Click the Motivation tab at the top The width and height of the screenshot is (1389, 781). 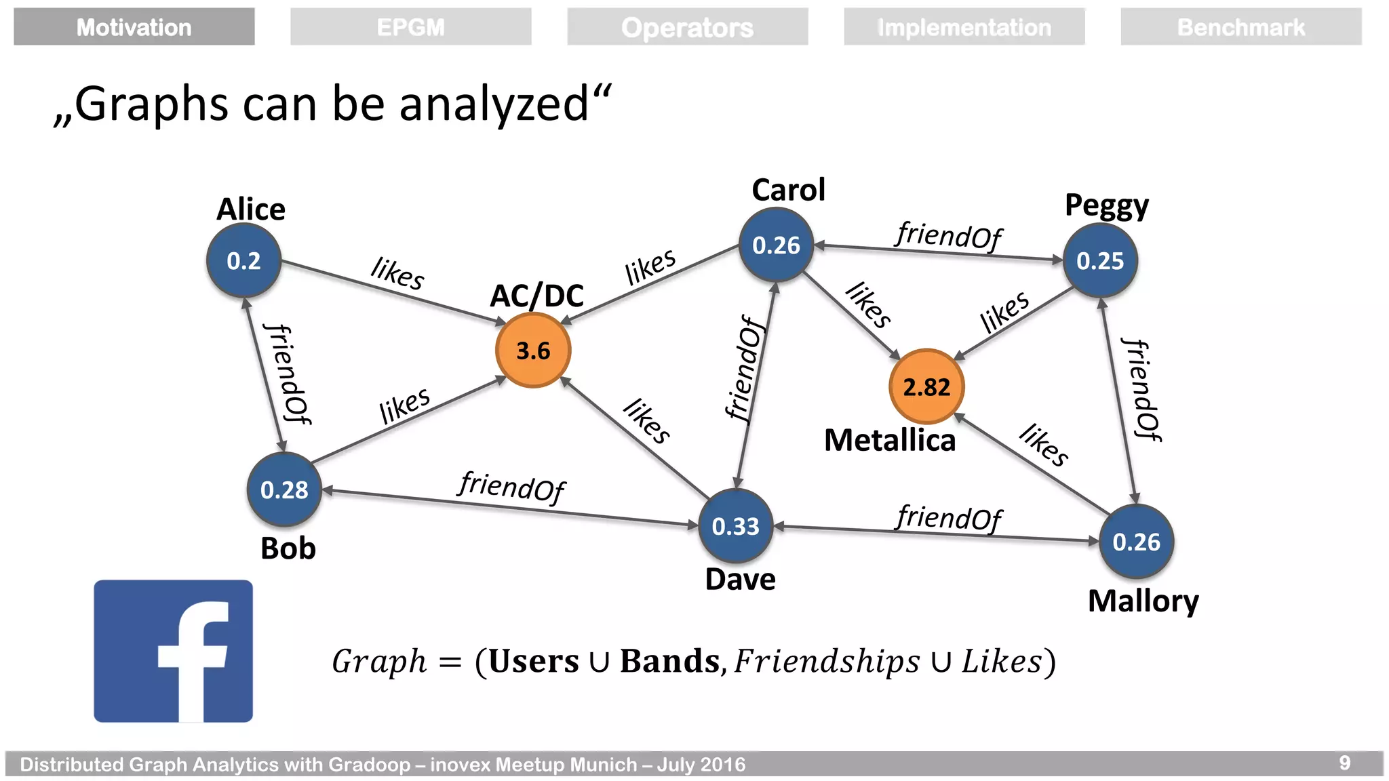(134, 27)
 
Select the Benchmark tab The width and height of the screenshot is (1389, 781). (1240, 27)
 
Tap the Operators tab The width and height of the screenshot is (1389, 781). (687, 27)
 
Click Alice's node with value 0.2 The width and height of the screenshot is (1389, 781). (243, 261)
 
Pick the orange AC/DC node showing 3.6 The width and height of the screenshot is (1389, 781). (533, 351)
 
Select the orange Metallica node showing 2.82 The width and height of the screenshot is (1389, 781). (926, 386)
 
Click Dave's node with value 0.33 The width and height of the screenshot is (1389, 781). (736, 526)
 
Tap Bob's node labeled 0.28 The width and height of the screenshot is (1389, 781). (284, 489)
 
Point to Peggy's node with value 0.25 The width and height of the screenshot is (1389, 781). (1100, 261)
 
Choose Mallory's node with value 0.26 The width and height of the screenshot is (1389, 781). (1136, 542)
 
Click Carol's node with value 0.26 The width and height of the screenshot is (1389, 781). (777, 245)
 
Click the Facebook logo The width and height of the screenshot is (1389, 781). (173, 651)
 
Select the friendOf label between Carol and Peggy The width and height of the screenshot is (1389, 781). (948, 235)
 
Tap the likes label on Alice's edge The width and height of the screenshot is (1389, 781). (398, 273)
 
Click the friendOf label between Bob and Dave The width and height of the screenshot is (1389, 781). (511, 486)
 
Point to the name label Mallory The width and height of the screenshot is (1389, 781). (1143, 601)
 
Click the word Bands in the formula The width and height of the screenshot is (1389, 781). (669, 662)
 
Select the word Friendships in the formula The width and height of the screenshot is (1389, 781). (827, 662)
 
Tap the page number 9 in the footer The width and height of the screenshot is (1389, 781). (1344, 763)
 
